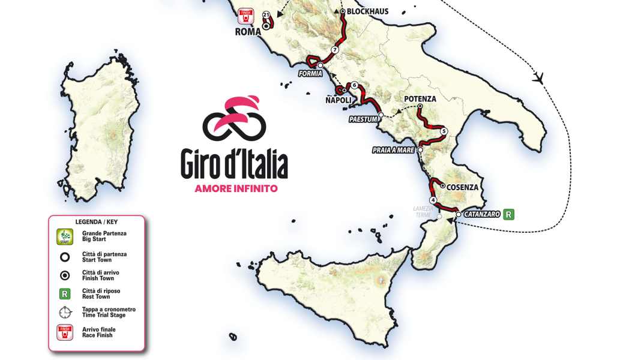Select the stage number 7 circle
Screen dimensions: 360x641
pyautogui.click(x=335, y=50)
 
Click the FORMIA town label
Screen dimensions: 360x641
pyautogui.click(x=310, y=74)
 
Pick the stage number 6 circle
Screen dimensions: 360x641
pyautogui.click(x=354, y=85)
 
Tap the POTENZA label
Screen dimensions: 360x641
pyautogui.click(x=420, y=99)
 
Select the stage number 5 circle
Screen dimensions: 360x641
pyautogui.click(x=444, y=131)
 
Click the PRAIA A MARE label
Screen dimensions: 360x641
pyautogui.click(x=393, y=150)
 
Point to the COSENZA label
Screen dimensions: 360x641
pyautogui.click(x=463, y=187)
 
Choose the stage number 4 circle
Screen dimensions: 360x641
pyautogui.click(x=432, y=200)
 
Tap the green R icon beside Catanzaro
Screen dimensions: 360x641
pyautogui.click(x=509, y=214)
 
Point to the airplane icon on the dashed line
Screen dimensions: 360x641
pyautogui.click(x=538, y=77)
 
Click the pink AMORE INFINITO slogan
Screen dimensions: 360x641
pyautogui.click(x=236, y=188)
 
